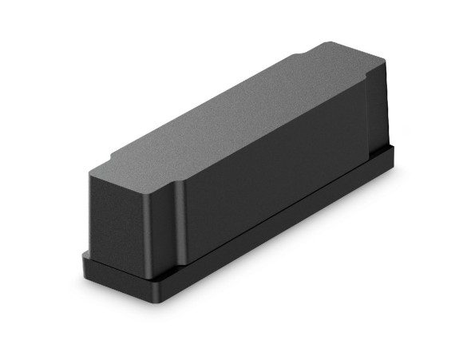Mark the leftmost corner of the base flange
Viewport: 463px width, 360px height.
[x=83, y=257]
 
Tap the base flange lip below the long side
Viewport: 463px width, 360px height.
[x=279, y=231]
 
